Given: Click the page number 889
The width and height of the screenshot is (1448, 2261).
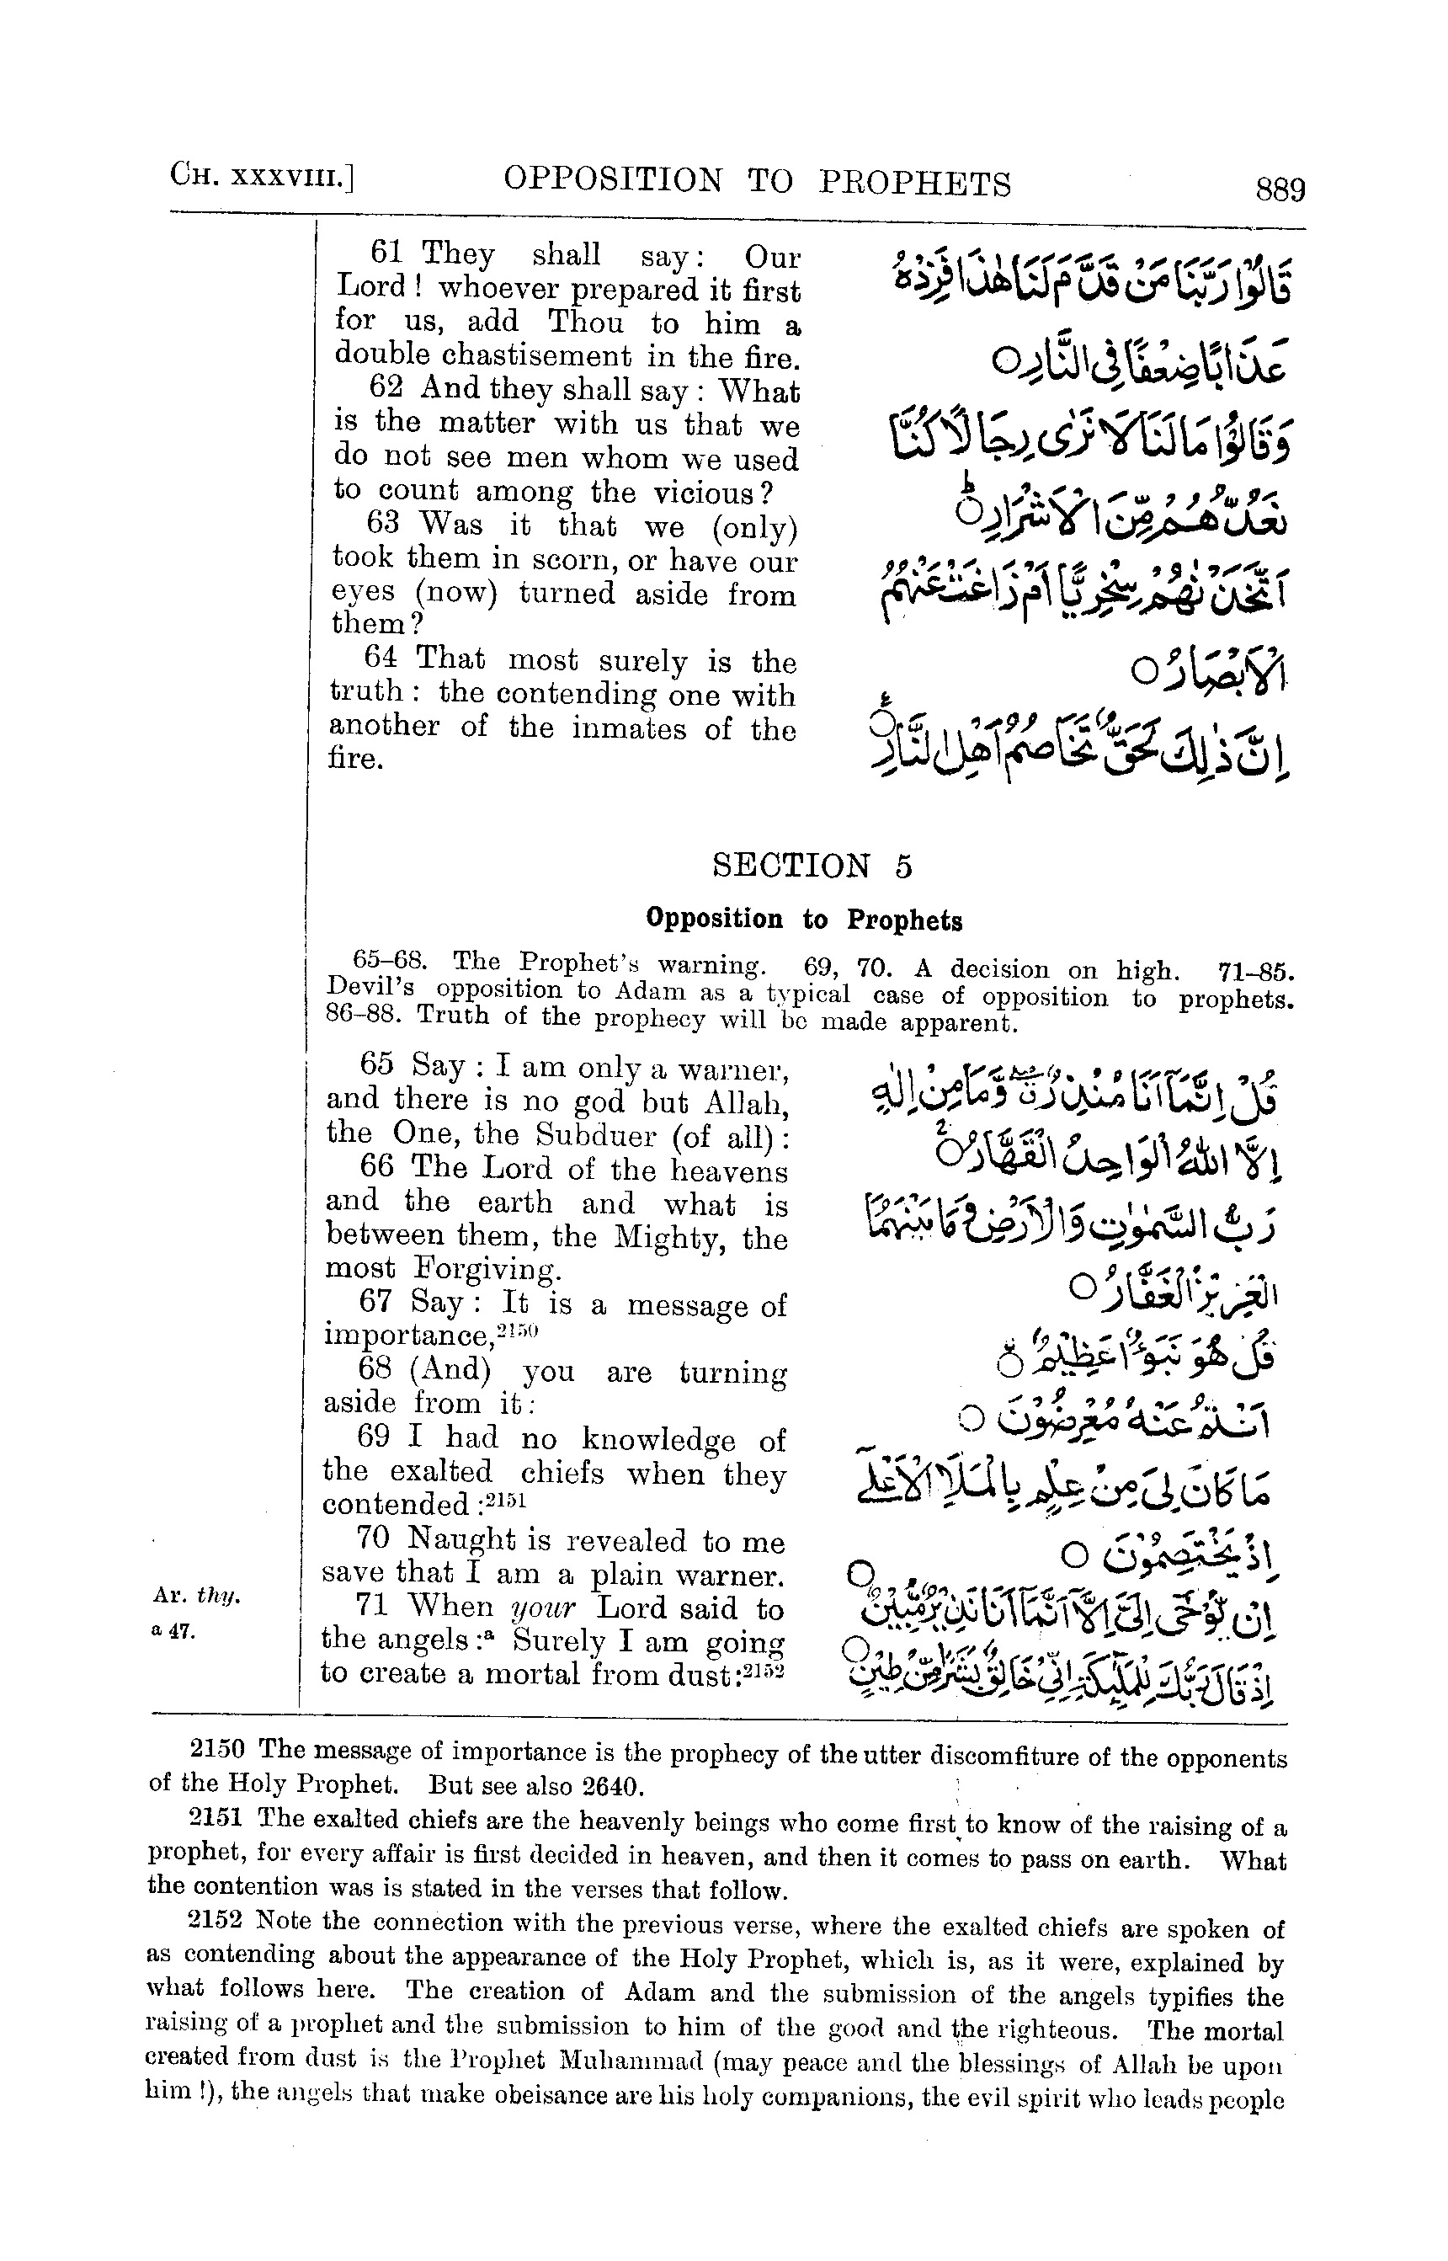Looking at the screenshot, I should click(1280, 190).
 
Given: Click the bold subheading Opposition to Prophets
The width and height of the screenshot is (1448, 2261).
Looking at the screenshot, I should click(804, 919).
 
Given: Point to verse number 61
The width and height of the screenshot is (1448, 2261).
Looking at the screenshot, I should click(386, 252).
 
